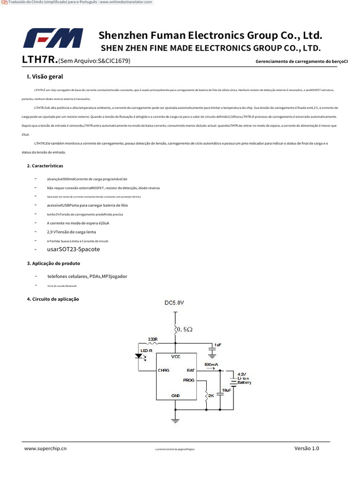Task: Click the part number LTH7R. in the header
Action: click(x=40, y=60)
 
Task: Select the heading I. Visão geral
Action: click(x=45, y=76)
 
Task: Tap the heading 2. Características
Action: click(x=45, y=166)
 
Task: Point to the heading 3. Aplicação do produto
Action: click(x=53, y=263)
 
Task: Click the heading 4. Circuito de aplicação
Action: click(x=53, y=299)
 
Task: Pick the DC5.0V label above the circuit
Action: click(x=174, y=303)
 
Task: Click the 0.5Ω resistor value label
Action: click(x=184, y=330)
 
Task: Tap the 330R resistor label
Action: click(x=152, y=339)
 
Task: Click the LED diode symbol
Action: click(x=139, y=356)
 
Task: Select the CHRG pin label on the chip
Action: click(x=164, y=370)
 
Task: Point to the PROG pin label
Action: click(x=188, y=380)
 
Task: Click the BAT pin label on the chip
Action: click(x=191, y=370)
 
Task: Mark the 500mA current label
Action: click(x=211, y=364)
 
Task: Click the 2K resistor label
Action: click(x=211, y=396)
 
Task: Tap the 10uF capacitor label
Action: click(x=226, y=390)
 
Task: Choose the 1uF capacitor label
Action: click(x=217, y=345)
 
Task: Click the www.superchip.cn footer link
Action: click(x=45, y=449)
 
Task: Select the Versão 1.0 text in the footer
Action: click(x=307, y=449)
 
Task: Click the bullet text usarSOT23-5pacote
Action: click(x=74, y=249)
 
